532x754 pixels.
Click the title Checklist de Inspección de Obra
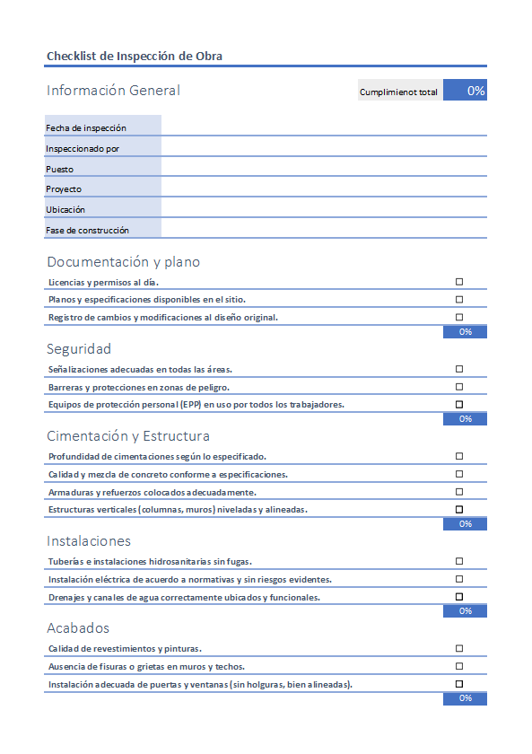(135, 56)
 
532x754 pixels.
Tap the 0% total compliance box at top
(465, 91)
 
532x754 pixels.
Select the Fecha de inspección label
(86, 128)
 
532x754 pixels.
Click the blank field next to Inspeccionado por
(323, 148)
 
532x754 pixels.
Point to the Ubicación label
(65, 209)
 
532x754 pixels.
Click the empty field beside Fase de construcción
(323, 230)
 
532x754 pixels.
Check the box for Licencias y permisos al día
(459, 282)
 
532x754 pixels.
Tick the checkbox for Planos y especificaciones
(459, 300)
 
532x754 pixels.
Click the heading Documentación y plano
(123, 262)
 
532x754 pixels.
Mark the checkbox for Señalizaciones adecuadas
(459, 369)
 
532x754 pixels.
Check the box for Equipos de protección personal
(459, 405)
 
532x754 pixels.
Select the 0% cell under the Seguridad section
(465, 419)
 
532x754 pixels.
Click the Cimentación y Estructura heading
(128, 436)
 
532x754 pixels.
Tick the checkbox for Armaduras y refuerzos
(459, 492)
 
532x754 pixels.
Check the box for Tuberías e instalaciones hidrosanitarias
(459, 561)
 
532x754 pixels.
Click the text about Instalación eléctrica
(189, 579)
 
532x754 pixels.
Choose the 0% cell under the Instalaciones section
(465, 611)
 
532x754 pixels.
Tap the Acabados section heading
(78, 628)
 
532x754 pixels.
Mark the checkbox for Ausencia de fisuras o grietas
(459, 666)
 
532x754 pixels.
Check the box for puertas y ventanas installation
(459, 684)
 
